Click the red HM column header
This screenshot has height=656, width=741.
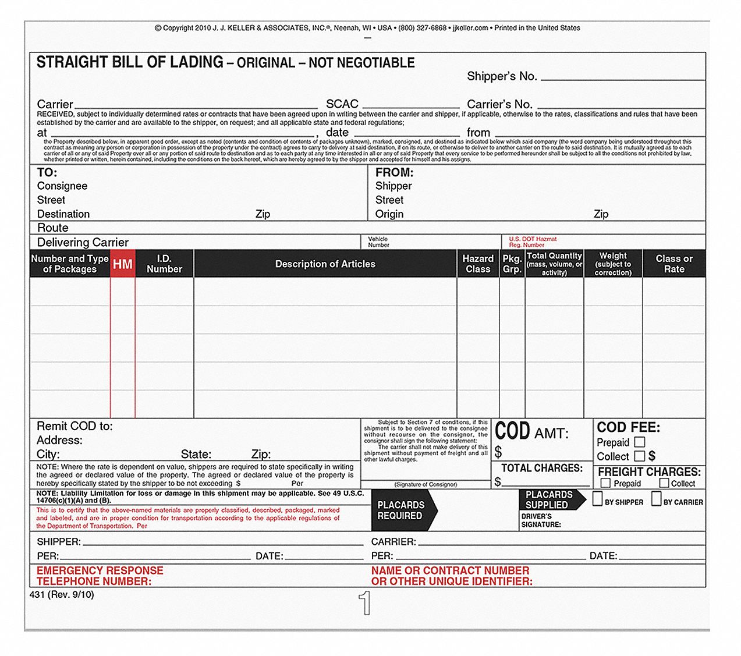tap(123, 264)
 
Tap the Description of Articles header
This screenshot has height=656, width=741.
tap(325, 264)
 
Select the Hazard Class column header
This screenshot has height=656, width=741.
tap(478, 264)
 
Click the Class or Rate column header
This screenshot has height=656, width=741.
tap(673, 264)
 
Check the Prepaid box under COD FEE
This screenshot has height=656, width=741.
tap(639, 442)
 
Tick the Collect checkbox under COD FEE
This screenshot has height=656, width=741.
tap(639, 456)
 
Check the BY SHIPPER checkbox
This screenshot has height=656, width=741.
tap(597, 499)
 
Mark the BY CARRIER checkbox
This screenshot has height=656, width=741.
tap(657, 499)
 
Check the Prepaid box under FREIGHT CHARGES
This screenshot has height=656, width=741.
tap(605, 483)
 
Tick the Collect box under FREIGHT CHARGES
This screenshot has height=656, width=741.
tap(664, 483)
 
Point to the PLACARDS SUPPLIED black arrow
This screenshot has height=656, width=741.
tap(550, 500)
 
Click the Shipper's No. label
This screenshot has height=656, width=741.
tap(502, 76)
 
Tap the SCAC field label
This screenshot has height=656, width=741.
tap(342, 104)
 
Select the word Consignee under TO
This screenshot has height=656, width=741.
tap(62, 186)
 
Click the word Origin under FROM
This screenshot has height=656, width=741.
tap(389, 214)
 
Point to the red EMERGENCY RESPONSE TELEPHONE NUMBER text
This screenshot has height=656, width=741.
tap(100, 576)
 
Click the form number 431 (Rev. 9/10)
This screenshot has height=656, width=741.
tap(61, 594)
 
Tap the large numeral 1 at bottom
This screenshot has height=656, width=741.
tap(364, 603)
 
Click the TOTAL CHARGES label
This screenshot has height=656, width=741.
tap(541, 468)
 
